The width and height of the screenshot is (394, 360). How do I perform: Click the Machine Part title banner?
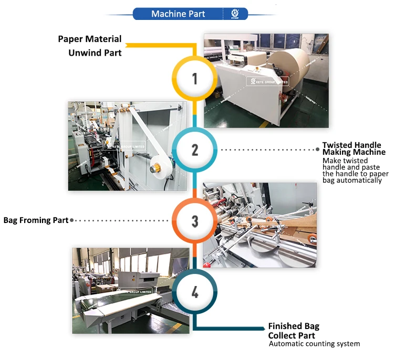(179, 14)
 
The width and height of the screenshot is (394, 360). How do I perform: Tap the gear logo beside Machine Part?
(234, 14)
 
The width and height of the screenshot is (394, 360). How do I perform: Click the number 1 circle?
(195, 79)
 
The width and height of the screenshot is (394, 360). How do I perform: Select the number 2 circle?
(195, 150)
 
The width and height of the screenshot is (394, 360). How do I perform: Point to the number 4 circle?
(195, 291)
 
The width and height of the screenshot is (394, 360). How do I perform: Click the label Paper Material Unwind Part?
(90, 46)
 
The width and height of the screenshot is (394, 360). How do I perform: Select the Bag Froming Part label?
(36, 220)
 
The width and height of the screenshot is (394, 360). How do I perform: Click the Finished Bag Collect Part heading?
(293, 331)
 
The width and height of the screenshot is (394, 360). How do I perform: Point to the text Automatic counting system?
(314, 344)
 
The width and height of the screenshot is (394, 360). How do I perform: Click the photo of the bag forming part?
(260, 225)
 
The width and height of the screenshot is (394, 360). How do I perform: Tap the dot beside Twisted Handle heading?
(318, 150)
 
